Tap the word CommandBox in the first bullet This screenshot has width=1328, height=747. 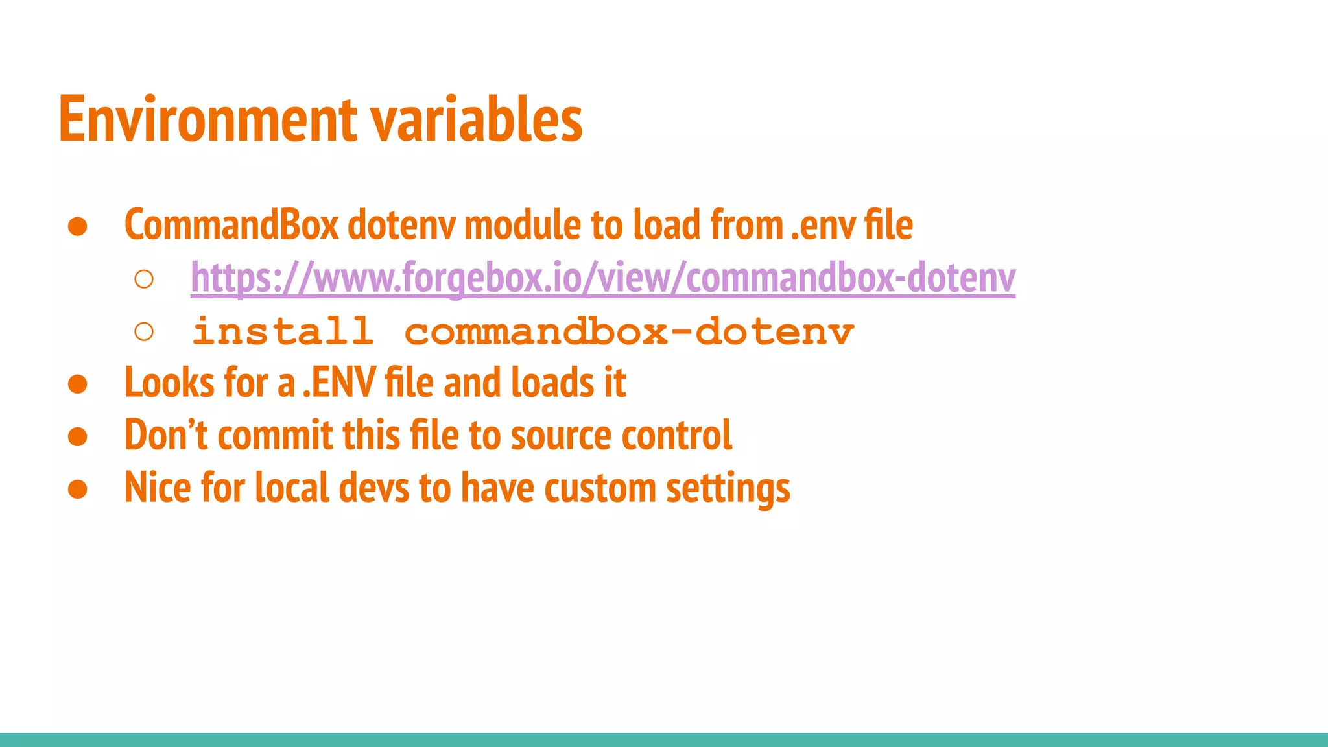pos(231,225)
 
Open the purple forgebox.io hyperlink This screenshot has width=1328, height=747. pos(602,278)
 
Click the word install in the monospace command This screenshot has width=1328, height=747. pos(283,331)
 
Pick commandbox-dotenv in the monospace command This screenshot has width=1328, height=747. pos(629,331)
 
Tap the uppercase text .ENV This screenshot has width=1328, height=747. pos(339,383)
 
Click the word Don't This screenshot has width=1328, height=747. pos(165,435)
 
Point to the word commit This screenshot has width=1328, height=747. pos(275,435)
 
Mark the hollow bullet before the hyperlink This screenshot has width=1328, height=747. pos(144,279)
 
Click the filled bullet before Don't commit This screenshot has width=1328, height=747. pos(78,436)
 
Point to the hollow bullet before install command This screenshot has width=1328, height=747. pos(144,332)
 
